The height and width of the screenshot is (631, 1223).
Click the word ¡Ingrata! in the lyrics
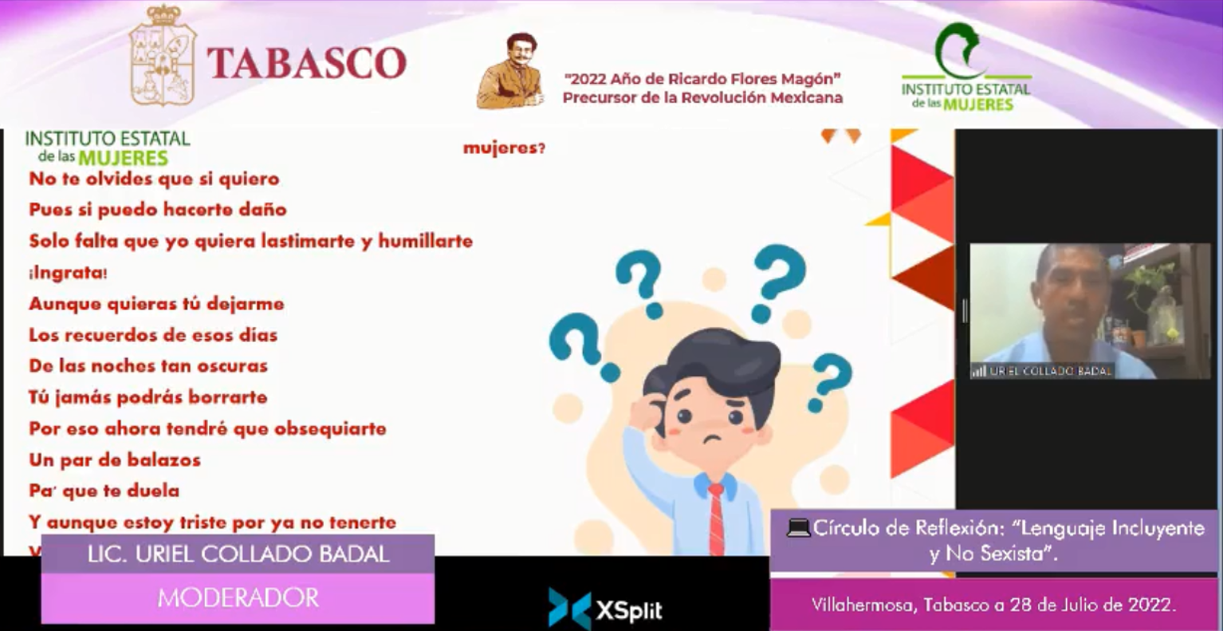click(69, 273)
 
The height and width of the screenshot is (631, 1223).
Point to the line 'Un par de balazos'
click(115, 460)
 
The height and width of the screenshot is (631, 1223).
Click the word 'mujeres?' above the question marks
click(504, 148)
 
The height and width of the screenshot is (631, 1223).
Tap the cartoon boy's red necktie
click(717, 519)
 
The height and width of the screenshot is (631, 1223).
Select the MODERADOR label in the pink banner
click(238, 597)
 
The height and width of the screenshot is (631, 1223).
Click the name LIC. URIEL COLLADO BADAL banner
click(238, 554)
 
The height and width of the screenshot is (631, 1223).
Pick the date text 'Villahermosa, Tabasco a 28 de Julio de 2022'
click(993, 605)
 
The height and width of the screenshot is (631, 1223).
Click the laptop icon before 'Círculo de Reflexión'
click(797, 527)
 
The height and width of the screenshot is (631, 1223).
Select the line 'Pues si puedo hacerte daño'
click(158, 210)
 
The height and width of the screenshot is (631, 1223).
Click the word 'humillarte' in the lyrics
click(425, 241)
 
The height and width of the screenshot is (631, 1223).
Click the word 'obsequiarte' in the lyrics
click(330, 429)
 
